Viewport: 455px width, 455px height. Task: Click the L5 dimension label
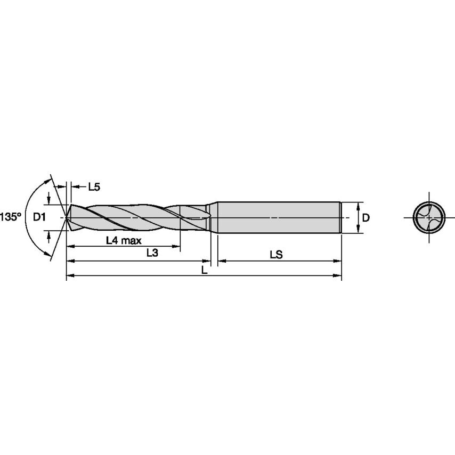tap(94, 186)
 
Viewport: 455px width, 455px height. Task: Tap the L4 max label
tap(124, 240)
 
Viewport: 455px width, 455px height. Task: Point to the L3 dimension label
tap(152, 254)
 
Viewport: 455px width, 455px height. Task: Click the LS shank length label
tap(275, 255)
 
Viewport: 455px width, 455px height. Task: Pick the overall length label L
tap(204, 270)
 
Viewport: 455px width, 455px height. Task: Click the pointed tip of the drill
tap(66, 217)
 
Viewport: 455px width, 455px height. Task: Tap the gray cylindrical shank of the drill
tap(277, 217)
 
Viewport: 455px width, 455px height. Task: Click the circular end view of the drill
tap(429, 217)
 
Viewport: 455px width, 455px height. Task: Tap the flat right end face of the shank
tap(340, 217)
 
